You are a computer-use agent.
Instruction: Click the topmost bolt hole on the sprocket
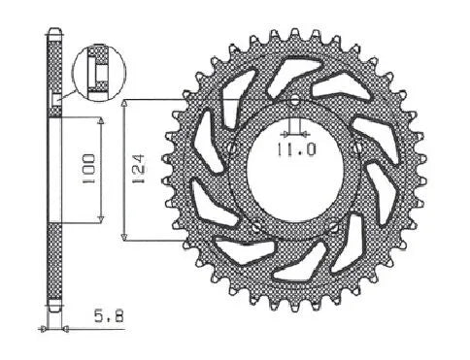point(295,99)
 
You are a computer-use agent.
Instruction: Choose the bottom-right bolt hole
point(333,226)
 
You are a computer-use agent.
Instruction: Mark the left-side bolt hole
point(230,147)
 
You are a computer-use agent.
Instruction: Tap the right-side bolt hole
point(359,147)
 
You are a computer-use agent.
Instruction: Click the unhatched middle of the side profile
point(54,170)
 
